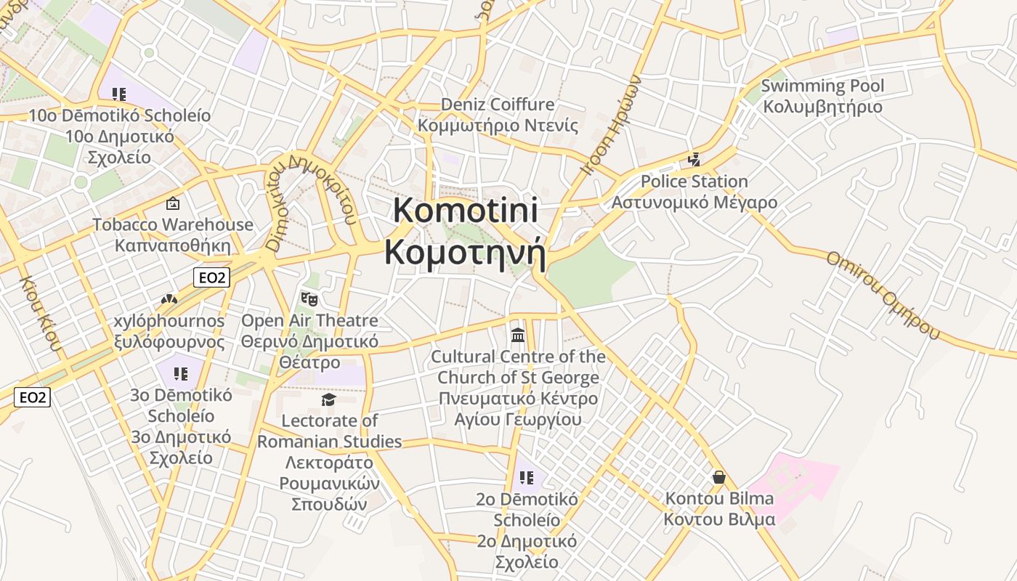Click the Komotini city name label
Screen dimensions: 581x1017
tap(465, 231)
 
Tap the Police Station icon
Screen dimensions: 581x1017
tap(694, 160)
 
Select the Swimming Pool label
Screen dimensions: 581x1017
tap(822, 96)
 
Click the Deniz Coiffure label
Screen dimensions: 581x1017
tap(498, 115)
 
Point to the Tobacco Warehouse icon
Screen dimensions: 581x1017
tap(173, 203)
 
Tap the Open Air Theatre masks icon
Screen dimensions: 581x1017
tap(309, 298)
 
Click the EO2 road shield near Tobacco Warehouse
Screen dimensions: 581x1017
tap(211, 277)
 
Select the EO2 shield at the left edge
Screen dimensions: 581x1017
tap(32, 397)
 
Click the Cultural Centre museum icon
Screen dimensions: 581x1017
tap(518, 335)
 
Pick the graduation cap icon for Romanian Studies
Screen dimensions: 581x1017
tap(329, 399)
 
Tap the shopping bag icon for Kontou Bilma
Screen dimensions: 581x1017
tap(719, 477)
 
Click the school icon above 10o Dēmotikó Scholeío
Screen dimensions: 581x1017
tap(119, 94)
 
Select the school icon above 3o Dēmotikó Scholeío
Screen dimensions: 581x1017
tap(181, 374)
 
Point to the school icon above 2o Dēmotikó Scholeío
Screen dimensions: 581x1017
tap(527, 478)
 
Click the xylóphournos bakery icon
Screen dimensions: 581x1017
tap(169, 299)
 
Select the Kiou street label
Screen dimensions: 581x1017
tap(42, 313)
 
